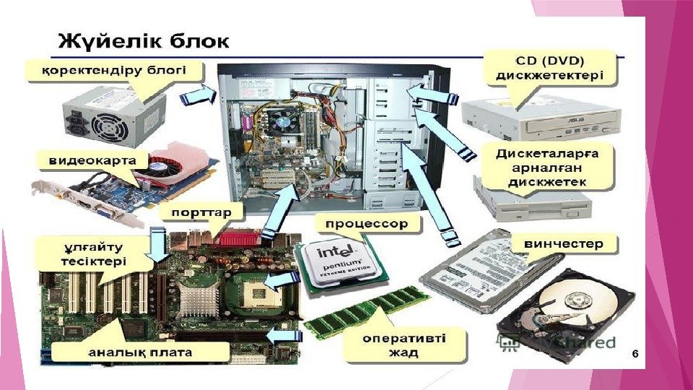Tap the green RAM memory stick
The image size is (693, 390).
(x=367, y=311)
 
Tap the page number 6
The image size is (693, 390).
(x=635, y=353)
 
